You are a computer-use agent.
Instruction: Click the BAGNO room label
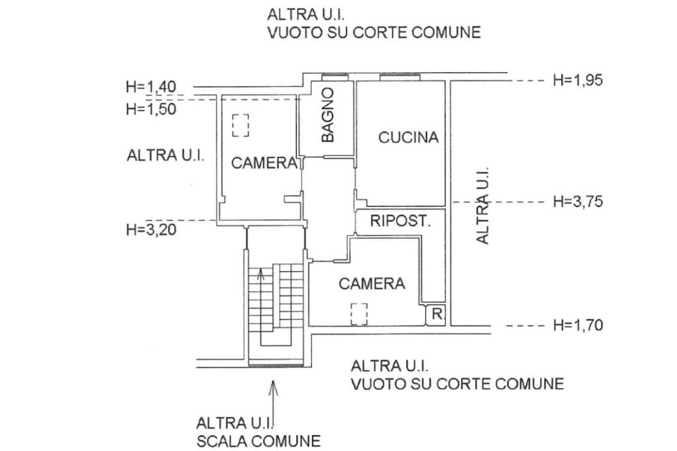click(x=328, y=115)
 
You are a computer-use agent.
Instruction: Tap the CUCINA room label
click(x=409, y=138)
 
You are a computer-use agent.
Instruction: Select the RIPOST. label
click(x=400, y=221)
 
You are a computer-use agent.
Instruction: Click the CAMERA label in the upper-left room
click(x=264, y=163)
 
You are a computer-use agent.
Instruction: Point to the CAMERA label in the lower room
click(x=372, y=284)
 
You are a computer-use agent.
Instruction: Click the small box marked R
click(x=436, y=315)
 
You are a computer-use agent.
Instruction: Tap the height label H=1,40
click(x=151, y=86)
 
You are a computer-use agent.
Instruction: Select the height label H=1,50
click(x=151, y=109)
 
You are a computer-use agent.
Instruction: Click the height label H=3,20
click(x=151, y=229)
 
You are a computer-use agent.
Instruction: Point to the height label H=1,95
click(x=578, y=80)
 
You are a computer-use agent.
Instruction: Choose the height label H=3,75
click(x=578, y=202)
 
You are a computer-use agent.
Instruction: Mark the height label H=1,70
click(x=578, y=325)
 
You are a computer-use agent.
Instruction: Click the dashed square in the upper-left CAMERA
click(x=241, y=125)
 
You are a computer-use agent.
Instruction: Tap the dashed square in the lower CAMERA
click(x=359, y=313)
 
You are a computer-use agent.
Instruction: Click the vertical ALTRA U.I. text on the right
click(x=483, y=205)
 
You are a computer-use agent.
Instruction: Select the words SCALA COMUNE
click(x=259, y=440)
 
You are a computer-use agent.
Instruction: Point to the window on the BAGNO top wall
click(x=334, y=74)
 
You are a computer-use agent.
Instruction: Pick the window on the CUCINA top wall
click(x=399, y=76)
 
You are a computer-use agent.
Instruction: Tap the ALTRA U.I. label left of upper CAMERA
click(x=165, y=156)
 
